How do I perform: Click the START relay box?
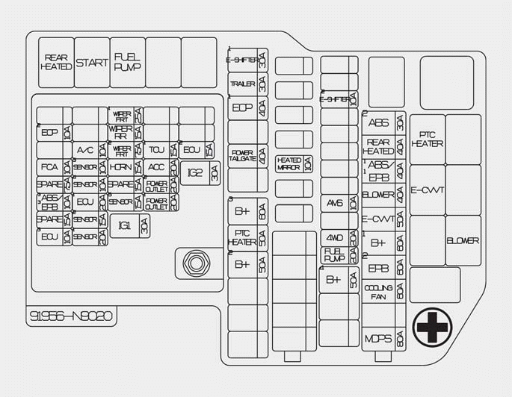point(92,63)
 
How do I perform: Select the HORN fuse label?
point(120,167)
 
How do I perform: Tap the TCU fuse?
point(156,149)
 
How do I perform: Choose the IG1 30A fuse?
point(130,225)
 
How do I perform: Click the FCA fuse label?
point(49,167)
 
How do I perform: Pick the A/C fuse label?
point(85,150)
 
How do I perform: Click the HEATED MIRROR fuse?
point(294,164)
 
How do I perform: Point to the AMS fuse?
point(339,202)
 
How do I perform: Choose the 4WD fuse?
point(339,238)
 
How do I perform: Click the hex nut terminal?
point(195,263)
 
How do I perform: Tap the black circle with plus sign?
point(433,326)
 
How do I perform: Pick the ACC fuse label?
point(156,167)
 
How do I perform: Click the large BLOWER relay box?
point(463,240)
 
